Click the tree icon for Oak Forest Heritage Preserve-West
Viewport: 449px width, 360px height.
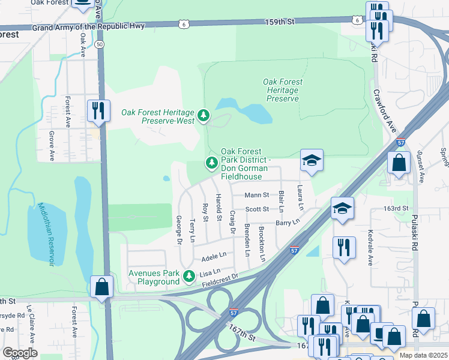204,115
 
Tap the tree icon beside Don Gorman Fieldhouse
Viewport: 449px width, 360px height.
211,162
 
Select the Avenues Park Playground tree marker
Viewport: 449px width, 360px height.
189,276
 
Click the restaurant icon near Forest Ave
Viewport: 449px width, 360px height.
97,110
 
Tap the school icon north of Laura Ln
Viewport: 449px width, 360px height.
312,161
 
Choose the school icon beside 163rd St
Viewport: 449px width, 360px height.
342,209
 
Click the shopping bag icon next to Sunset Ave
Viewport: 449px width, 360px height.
399,163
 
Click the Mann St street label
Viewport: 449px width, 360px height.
256,196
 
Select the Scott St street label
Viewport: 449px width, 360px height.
256,209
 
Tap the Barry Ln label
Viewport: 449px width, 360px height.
287,223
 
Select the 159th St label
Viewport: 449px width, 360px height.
282,22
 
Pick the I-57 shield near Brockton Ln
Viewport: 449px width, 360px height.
294,249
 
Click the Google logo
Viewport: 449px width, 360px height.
20,353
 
